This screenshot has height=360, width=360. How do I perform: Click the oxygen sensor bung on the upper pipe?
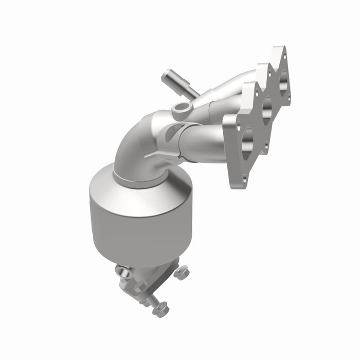pos(182,109)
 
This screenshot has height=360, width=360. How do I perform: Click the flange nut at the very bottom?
pos(161,309)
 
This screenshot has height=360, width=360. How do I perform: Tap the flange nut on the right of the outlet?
pos(182,273)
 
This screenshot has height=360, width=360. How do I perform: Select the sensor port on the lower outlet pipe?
pos(121,271)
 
